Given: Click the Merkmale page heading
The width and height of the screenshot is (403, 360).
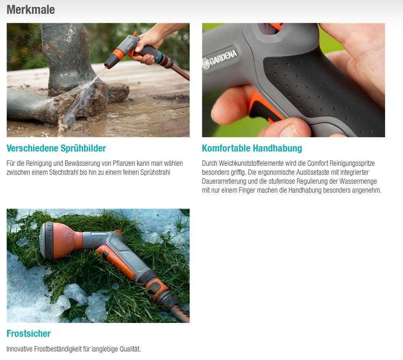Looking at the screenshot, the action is tap(31, 9).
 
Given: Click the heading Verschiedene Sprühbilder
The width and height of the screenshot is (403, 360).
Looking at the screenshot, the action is tap(56, 148).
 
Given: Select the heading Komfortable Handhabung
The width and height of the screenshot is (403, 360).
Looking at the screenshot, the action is tap(252, 148).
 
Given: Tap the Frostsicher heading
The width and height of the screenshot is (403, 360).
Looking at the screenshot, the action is tap(28, 334).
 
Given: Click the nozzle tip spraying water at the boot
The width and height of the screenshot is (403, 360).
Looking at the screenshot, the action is tap(108, 64).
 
